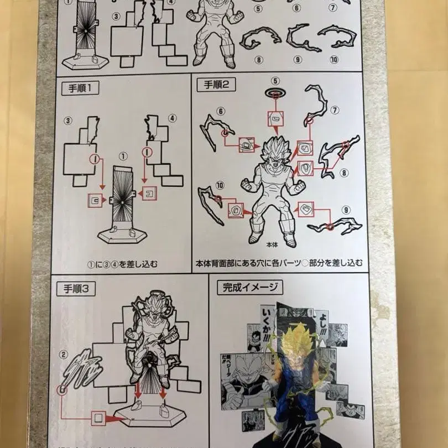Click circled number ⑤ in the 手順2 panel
[x=275, y=82]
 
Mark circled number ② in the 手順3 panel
[x=64, y=354]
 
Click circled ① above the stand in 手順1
[x=123, y=157]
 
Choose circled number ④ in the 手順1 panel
[x=172, y=118]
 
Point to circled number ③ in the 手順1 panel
[x=69, y=120]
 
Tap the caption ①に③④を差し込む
[x=122, y=264]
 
